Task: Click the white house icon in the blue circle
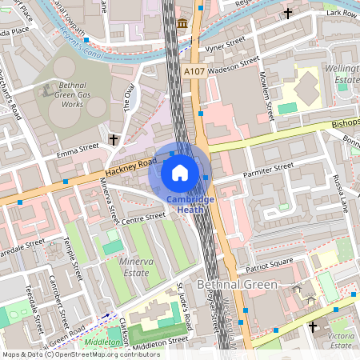[x=180, y=171]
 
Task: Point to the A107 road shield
[x=194, y=71]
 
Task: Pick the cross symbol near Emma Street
[x=114, y=140]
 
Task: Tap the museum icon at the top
[x=182, y=22]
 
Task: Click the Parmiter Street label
[x=268, y=170]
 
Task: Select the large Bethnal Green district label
[x=236, y=285]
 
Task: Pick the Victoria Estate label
[x=341, y=341]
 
